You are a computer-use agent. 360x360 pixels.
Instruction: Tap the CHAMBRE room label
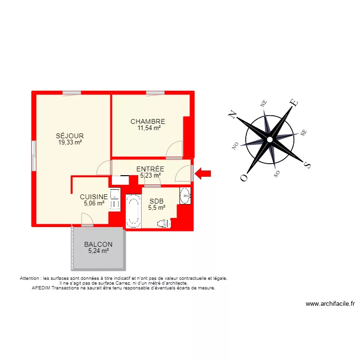(148, 122)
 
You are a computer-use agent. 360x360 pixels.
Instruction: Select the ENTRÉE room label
(150, 169)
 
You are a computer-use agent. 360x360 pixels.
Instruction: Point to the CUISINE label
(94, 197)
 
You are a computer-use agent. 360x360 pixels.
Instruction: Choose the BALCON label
(98, 244)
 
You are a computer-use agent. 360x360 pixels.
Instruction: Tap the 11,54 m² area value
(148, 128)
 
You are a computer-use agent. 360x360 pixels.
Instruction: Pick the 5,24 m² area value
(98, 251)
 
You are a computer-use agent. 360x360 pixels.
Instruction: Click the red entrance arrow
(203, 173)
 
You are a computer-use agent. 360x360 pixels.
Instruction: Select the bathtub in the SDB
(133, 211)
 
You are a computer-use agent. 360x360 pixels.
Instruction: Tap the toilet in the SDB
(164, 223)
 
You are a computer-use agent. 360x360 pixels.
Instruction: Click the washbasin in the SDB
(185, 195)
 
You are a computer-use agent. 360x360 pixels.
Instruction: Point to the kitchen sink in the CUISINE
(115, 194)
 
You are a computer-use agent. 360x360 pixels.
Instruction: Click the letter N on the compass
(233, 114)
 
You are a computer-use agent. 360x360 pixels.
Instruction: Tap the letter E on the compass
(294, 102)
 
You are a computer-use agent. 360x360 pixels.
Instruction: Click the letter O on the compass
(244, 177)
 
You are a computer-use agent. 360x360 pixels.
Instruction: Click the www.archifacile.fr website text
(330, 304)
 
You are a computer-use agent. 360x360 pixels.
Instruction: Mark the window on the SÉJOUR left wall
(34, 155)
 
